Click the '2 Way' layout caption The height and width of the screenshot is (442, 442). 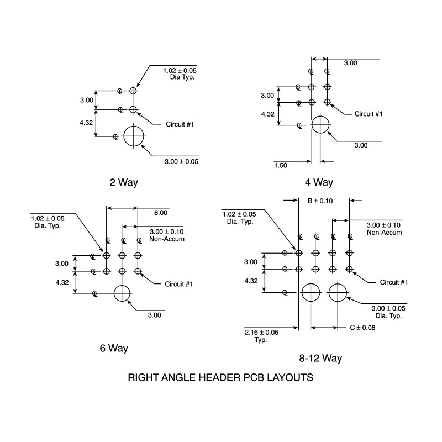124,182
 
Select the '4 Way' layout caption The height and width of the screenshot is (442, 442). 319,182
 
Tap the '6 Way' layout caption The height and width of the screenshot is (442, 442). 114,348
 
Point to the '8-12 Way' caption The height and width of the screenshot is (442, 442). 320,358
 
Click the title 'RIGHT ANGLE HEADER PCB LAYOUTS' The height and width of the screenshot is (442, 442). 220,377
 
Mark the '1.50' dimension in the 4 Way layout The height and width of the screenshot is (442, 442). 281,165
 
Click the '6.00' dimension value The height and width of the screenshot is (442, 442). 161,213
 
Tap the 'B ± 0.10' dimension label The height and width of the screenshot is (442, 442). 320,201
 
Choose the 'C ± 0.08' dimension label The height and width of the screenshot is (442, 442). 362,328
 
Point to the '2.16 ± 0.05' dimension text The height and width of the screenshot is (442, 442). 261,333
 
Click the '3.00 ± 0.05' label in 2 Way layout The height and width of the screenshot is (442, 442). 182,162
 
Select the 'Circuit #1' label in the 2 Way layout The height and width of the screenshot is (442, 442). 180,124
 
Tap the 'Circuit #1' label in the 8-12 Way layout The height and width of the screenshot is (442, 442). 394,282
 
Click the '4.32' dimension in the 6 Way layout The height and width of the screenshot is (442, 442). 62,282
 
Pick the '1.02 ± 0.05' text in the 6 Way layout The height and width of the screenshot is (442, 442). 48,218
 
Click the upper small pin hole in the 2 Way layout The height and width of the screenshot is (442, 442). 133,91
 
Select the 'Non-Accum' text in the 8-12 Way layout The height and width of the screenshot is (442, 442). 384,233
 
